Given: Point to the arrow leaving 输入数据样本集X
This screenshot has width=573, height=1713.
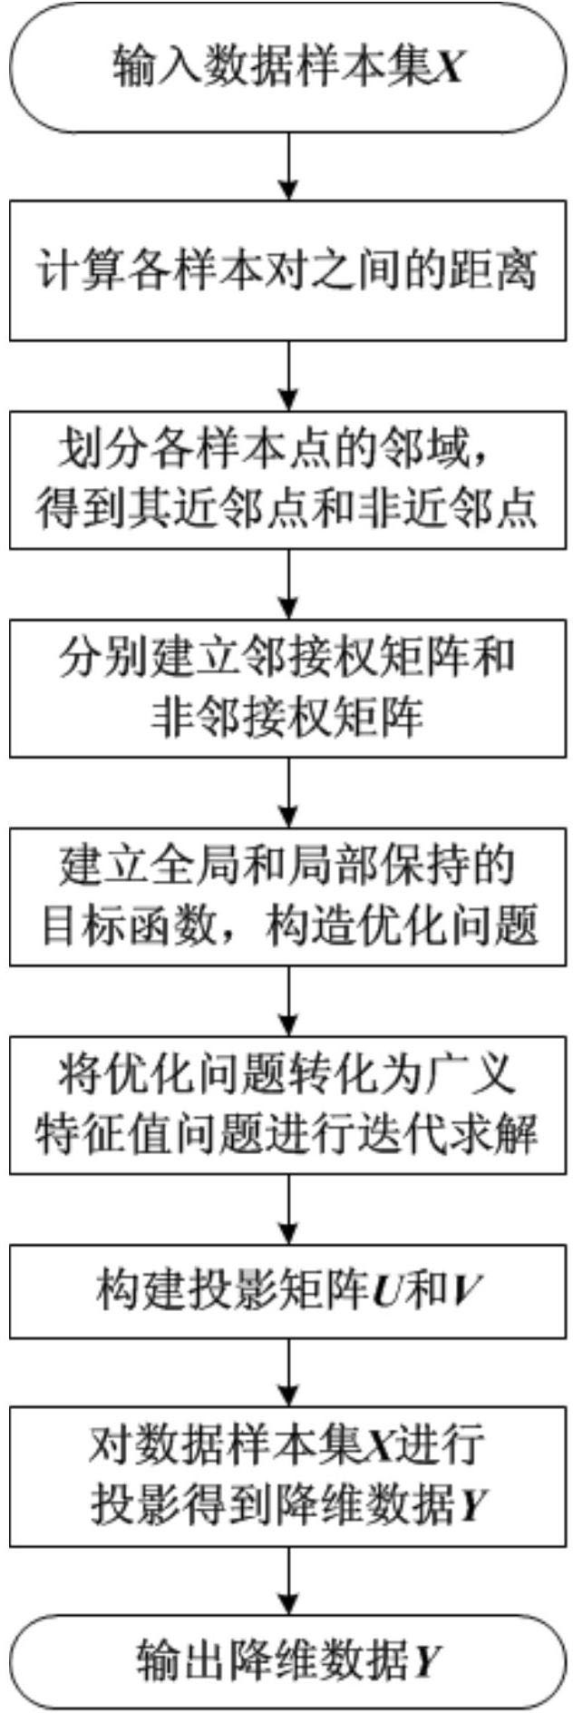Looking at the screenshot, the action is tap(287, 167).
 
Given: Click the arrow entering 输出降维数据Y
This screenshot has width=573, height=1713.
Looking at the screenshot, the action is tap(287, 1581).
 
